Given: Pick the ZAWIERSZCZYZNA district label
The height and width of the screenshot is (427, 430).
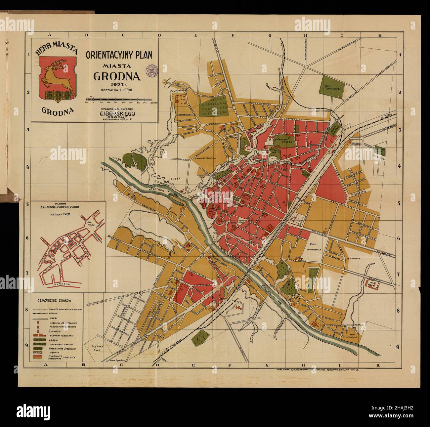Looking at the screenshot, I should pos(205,158).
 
